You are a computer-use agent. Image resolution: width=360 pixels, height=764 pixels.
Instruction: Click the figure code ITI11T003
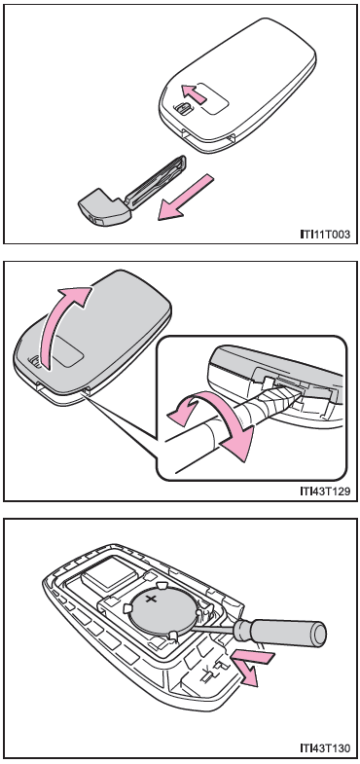(325, 235)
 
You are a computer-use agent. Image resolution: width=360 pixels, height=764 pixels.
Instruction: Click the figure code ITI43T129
(325, 491)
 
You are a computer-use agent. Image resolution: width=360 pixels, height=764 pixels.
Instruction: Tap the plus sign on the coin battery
(152, 598)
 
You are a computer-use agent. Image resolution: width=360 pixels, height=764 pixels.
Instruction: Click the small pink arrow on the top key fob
(195, 92)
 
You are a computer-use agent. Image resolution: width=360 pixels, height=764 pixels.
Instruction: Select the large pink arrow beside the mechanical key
(185, 198)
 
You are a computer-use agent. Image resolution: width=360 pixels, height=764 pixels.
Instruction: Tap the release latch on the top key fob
(183, 109)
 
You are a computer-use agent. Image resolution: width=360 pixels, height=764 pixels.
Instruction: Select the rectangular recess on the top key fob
(212, 97)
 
